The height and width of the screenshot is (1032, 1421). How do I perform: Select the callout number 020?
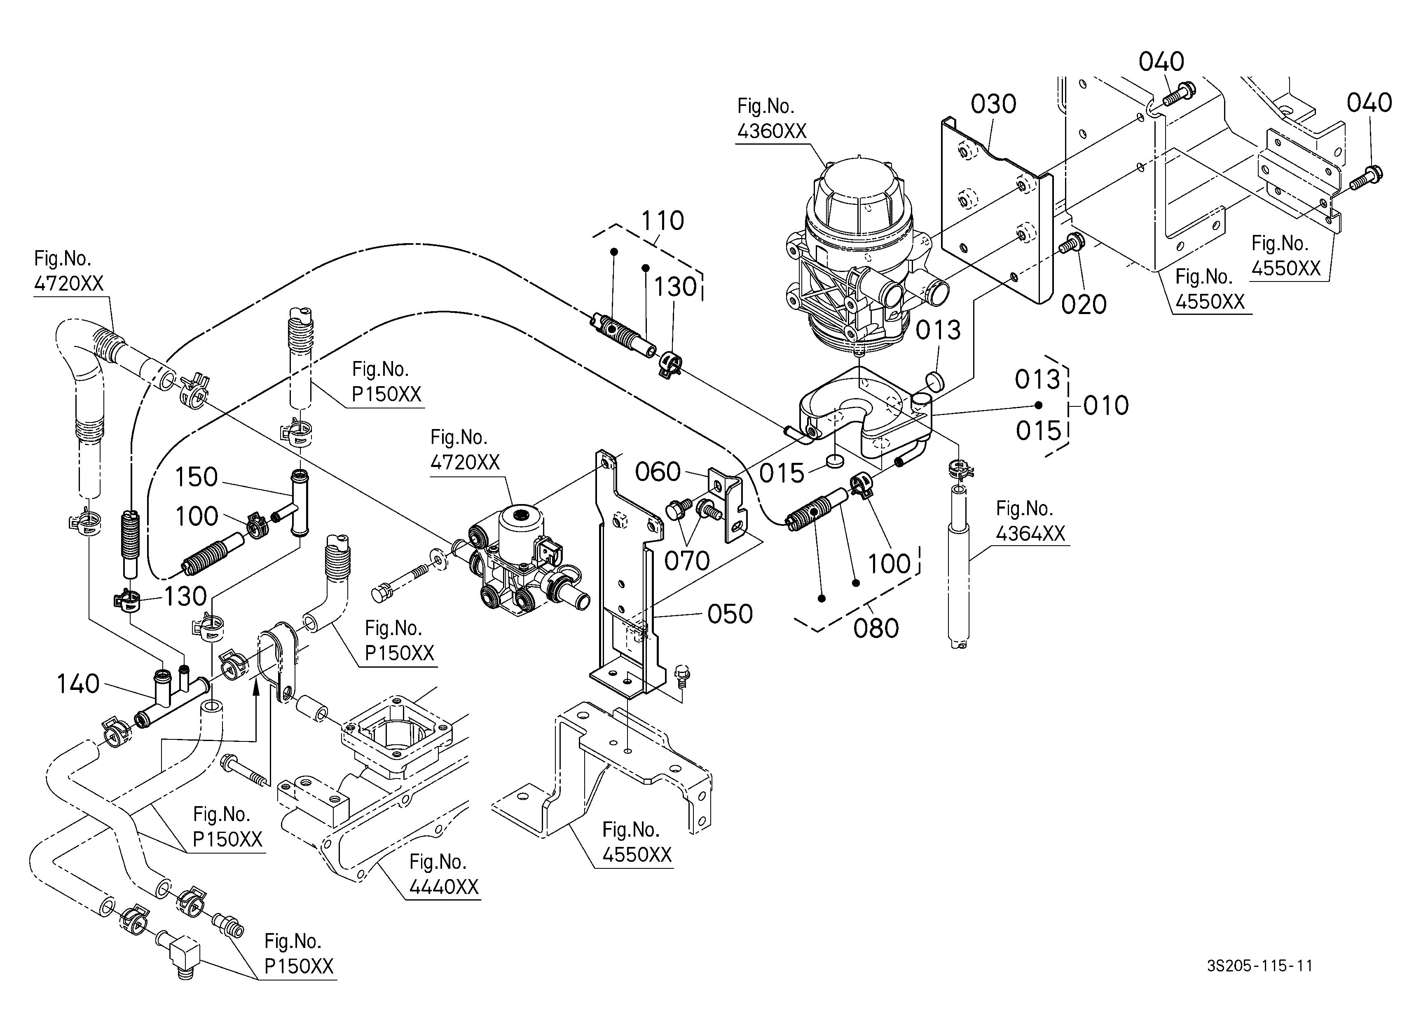pyautogui.click(x=1084, y=305)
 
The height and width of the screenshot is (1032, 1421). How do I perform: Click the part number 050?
pyautogui.click(x=730, y=614)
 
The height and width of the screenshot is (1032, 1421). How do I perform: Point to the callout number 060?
pyautogui.click(x=658, y=472)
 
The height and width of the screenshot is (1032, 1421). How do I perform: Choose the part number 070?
pyautogui.click(x=687, y=561)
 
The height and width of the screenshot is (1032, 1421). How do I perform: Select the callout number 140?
pyautogui.click(x=78, y=684)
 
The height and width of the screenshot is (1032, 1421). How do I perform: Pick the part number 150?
pyautogui.click(x=196, y=477)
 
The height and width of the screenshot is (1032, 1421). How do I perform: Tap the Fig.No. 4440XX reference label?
pyautogui.click(x=444, y=875)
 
